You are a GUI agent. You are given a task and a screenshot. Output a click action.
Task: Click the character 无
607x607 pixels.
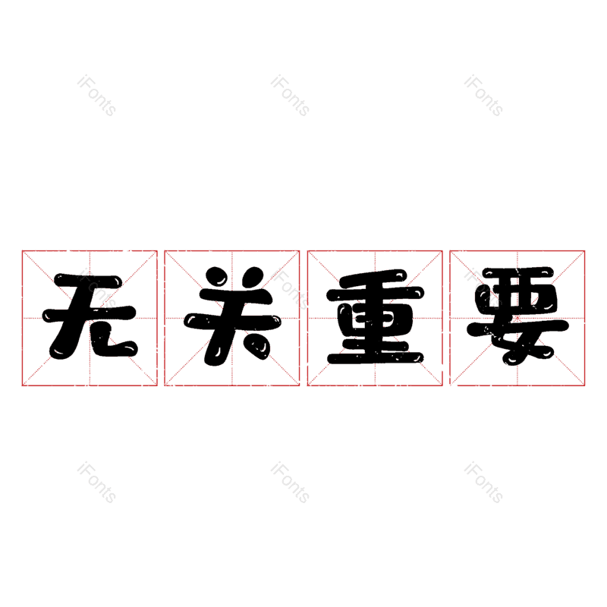pos(90,316)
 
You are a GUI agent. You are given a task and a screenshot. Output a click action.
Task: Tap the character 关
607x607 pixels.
pos(232,316)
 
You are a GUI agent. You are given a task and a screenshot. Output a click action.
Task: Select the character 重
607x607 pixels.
pos(375,316)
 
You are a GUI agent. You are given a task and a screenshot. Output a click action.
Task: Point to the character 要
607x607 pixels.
pos(517,316)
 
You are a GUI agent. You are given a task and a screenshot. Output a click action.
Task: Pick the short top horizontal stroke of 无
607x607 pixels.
pos(87,280)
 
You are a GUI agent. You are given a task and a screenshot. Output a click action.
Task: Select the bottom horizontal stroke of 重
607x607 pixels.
pos(375,357)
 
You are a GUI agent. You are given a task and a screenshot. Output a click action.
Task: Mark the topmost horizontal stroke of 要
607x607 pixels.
pos(517,272)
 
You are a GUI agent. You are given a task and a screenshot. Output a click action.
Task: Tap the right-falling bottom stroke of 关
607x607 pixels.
pos(256,345)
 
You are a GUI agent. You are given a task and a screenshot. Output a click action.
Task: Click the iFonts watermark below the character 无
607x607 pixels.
pos(96,483)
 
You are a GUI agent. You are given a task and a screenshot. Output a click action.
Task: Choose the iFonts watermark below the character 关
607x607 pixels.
pos(290,483)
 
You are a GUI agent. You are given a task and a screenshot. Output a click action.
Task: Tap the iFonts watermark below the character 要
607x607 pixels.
pos(483,483)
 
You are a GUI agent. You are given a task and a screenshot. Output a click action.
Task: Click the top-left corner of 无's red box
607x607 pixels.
pos(22,251)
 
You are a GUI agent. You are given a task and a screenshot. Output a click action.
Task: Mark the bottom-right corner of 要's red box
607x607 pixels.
pos(584,385)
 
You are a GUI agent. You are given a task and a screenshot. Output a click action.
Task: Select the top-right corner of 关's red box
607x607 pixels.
pos(299,251)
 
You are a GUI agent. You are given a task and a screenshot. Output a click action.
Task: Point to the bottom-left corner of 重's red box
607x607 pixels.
pos(307,385)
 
